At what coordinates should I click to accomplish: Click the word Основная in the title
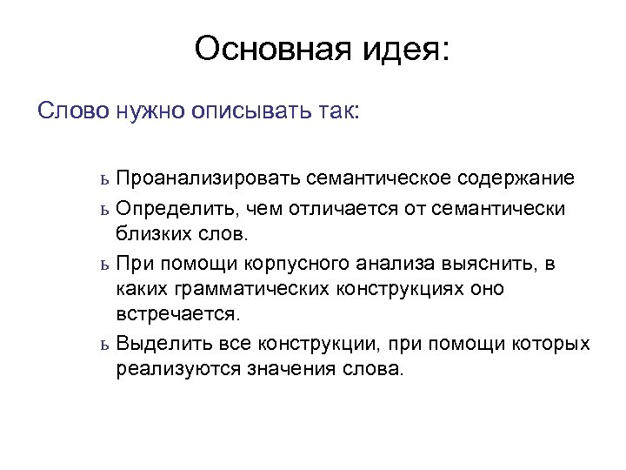tap(265, 50)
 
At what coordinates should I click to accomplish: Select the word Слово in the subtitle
tap(72, 111)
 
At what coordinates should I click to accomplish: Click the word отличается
tap(361, 208)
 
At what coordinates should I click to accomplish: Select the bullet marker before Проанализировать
tap(103, 180)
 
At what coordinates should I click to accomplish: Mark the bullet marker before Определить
tap(103, 210)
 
